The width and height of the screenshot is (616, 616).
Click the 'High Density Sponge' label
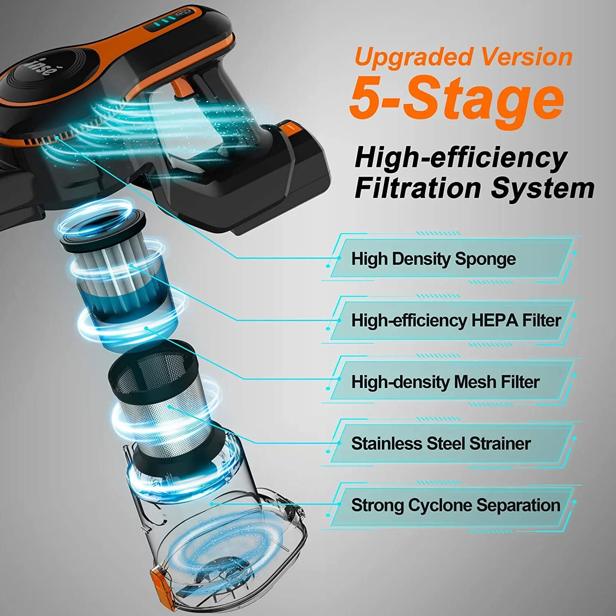tap(433, 259)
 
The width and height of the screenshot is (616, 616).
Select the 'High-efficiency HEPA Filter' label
tap(456, 320)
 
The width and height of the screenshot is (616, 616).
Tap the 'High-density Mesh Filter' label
tap(445, 382)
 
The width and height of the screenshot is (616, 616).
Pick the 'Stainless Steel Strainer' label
tap(441, 444)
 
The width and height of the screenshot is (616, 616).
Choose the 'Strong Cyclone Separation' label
tap(455, 505)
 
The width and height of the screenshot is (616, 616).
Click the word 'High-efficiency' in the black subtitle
tap(460, 158)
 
